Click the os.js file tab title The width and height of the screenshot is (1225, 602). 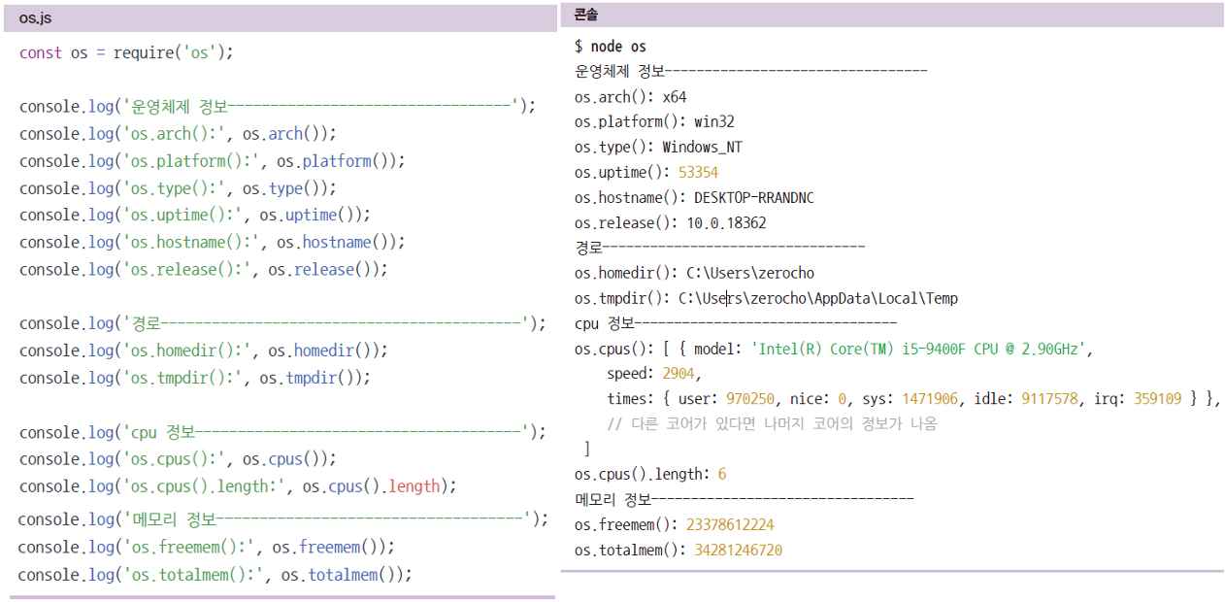pyautogui.click(x=35, y=17)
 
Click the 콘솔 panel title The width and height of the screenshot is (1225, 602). pyautogui.click(x=586, y=15)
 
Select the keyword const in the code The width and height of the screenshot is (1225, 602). pyautogui.click(x=40, y=52)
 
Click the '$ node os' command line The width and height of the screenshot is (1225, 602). pyautogui.click(x=610, y=47)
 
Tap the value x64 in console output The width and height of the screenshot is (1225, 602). pyautogui.click(x=675, y=97)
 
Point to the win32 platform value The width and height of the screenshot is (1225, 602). pyautogui.click(x=713, y=122)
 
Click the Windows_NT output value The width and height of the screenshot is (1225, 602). pyautogui.click(x=702, y=148)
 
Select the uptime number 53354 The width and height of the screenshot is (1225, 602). pyautogui.click(x=698, y=173)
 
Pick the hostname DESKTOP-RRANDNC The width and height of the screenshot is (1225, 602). pyautogui.click(x=754, y=198)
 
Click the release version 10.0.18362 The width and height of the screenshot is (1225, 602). pyautogui.click(x=726, y=223)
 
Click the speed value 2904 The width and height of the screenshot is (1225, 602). pyautogui.click(x=679, y=374)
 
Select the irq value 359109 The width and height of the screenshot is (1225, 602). pyautogui.click(x=1154, y=399)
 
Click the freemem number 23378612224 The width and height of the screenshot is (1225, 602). pyautogui.click(x=730, y=525)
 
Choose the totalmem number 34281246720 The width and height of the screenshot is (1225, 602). pyautogui.click(x=738, y=551)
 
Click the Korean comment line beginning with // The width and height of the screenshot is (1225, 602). pyautogui.click(x=772, y=424)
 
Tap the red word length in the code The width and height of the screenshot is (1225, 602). pyautogui.click(x=414, y=485)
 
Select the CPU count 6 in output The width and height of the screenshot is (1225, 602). pyautogui.click(x=722, y=475)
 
